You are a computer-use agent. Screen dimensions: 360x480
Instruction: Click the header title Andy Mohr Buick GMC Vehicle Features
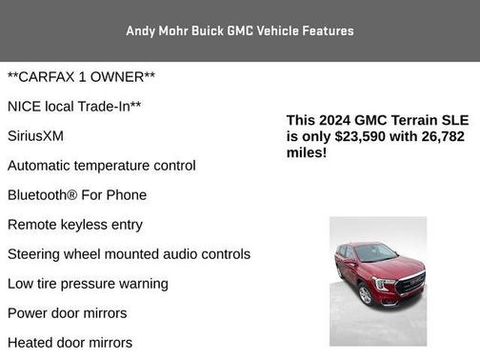pos(239,30)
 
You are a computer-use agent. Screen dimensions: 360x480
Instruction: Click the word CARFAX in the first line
pos(54,76)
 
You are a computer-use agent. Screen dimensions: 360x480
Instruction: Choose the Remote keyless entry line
pos(75,225)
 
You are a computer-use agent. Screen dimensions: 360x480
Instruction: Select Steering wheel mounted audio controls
pos(129,254)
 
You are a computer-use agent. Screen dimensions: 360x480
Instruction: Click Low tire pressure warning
pos(88,284)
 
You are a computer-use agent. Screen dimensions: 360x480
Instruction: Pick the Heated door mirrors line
pos(70,343)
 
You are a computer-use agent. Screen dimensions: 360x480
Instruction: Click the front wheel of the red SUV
pos(365,294)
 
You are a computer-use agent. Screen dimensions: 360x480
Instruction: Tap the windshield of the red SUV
pos(375,253)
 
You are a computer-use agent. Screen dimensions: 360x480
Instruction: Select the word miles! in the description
pos(307,152)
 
